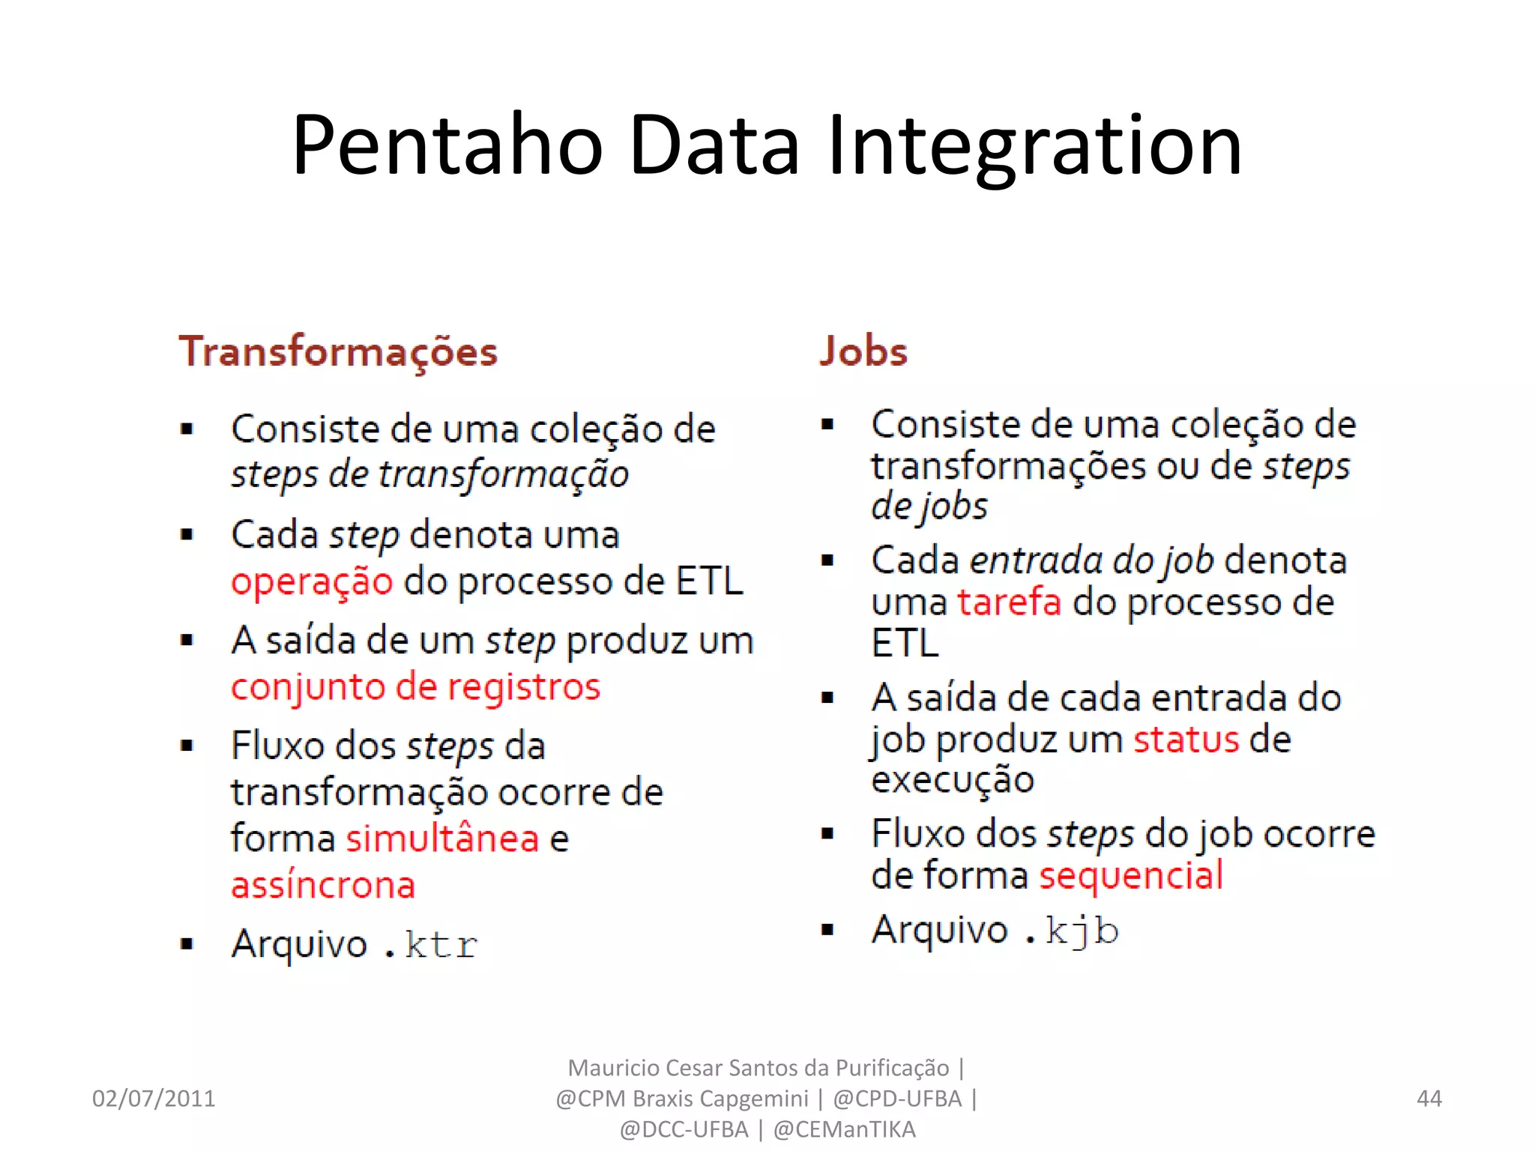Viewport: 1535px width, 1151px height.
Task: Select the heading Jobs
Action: [x=863, y=351]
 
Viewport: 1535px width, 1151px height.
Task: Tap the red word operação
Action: [x=312, y=582]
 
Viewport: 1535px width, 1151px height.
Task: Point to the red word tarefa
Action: [x=1010, y=602]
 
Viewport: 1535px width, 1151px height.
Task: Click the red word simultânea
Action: [x=442, y=838]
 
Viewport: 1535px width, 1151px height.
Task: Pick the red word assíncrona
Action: [x=323, y=885]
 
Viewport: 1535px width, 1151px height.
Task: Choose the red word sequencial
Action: [x=1131, y=875]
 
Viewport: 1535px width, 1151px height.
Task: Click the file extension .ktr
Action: [x=430, y=944]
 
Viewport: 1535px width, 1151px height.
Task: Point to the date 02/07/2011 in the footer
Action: [x=154, y=1099]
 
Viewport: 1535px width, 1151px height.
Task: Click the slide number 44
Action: [x=1429, y=1099]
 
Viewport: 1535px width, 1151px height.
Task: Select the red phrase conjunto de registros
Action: [x=415, y=687]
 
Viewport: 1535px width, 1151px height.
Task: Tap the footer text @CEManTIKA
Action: [x=844, y=1129]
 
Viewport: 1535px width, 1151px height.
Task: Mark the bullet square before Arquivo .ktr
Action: [x=187, y=943]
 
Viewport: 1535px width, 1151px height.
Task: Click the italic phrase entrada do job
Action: [x=1091, y=561]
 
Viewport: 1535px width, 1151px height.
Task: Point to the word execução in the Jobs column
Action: [x=953, y=780]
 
